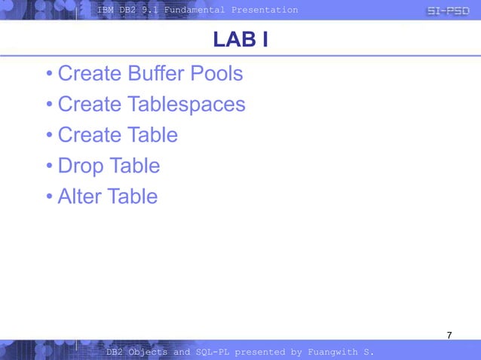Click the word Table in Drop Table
135,166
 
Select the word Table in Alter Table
133,197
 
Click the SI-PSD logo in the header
448,10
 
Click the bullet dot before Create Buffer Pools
48,75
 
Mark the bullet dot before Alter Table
48,197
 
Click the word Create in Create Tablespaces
89,105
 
